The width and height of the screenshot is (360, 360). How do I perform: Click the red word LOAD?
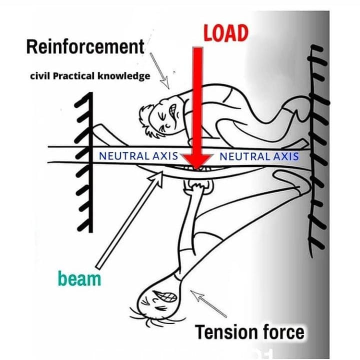[225, 32]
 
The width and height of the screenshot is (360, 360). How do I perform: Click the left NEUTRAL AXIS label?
[138, 155]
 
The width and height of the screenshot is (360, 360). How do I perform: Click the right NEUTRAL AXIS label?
[259, 156]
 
